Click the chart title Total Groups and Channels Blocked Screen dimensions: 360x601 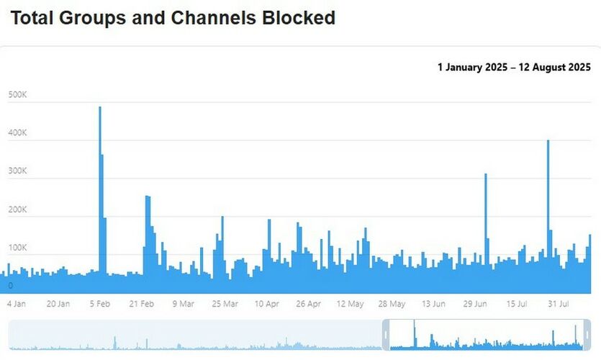tap(173, 18)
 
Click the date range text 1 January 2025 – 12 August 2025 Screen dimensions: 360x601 tap(514, 68)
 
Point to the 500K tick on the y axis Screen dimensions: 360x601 tap(18, 95)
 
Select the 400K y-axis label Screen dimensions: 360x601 tap(18, 133)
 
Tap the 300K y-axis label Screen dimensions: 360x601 tap(18, 171)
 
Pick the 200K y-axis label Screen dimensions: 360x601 tap(18, 210)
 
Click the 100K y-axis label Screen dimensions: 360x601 tap(18, 248)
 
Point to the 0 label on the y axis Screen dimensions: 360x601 tap(11, 286)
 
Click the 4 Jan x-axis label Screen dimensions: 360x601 tap(17, 304)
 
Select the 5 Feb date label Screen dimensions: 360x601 tap(100, 304)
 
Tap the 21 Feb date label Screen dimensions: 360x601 tap(142, 304)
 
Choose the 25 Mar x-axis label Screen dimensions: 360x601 tap(225, 304)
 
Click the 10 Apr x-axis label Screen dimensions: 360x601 tap(267, 304)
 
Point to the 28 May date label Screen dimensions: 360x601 tap(392, 304)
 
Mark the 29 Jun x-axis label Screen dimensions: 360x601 tap(476, 304)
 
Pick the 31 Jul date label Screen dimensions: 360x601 tap(559, 304)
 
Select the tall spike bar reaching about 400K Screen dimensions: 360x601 tap(548, 209)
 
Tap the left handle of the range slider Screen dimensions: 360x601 tap(386, 335)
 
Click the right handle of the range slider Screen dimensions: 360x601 tap(587, 335)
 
